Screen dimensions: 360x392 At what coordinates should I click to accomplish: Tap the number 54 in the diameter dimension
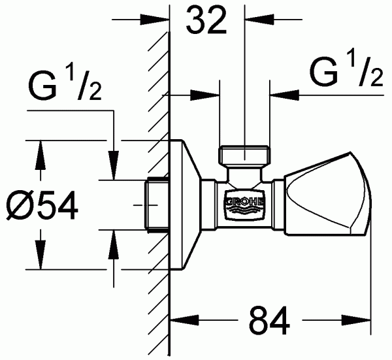coord(57,206)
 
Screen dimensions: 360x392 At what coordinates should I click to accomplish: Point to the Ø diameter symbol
coord(20,206)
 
